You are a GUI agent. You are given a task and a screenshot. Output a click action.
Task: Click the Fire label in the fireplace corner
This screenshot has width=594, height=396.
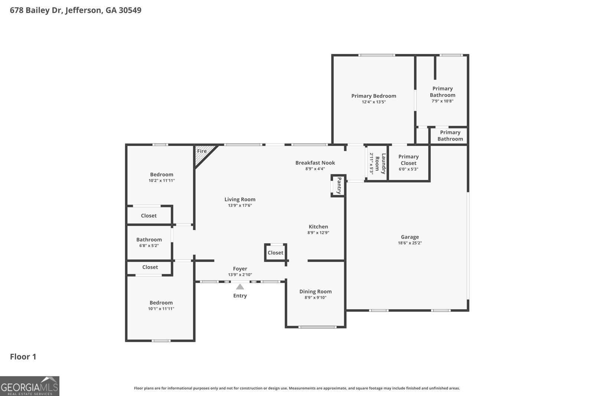tap(202, 151)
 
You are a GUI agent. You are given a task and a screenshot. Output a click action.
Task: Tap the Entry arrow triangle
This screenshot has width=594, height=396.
tap(240, 287)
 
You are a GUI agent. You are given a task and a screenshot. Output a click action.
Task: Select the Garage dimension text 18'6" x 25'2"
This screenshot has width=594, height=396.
tap(410, 243)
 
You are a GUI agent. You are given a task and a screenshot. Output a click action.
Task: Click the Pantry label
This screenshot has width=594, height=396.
tap(339, 186)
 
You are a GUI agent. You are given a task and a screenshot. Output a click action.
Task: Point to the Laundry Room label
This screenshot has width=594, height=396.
tap(381, 164)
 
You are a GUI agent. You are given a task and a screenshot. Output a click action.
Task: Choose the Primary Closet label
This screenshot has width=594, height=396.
tap(408, 160)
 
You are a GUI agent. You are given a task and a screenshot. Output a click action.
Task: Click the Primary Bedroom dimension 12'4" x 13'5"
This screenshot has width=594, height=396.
tap(373, 102)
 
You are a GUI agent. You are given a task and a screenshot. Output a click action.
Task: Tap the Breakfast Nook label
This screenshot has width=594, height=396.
tap(315, 163)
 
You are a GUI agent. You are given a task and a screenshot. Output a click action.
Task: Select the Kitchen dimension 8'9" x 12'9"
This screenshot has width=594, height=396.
tap(318, 233)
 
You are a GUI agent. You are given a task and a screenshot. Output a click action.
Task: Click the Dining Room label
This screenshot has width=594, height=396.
tap(316, 291)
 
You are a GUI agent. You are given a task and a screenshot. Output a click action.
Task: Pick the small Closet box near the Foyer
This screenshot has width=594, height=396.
tap(275, 253)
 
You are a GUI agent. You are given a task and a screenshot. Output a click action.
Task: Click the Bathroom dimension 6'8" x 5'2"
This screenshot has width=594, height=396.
tap(149, 245)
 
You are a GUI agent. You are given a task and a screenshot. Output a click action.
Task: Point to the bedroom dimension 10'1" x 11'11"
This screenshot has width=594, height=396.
tap(161, 308)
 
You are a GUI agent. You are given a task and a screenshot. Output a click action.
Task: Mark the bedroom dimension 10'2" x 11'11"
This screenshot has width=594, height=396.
tap(161, 180)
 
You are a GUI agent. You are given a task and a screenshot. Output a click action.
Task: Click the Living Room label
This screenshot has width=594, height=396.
tap(240, 199)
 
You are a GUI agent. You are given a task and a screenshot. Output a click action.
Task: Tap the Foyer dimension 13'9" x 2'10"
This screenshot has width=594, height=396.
tap(240, 275)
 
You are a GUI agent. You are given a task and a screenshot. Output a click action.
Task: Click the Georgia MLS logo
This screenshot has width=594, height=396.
tap(30, 386)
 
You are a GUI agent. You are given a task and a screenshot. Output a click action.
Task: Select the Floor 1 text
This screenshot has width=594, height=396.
tap(23, 357)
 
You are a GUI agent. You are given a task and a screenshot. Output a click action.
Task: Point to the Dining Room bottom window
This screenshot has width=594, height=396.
tap(317, 327)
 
